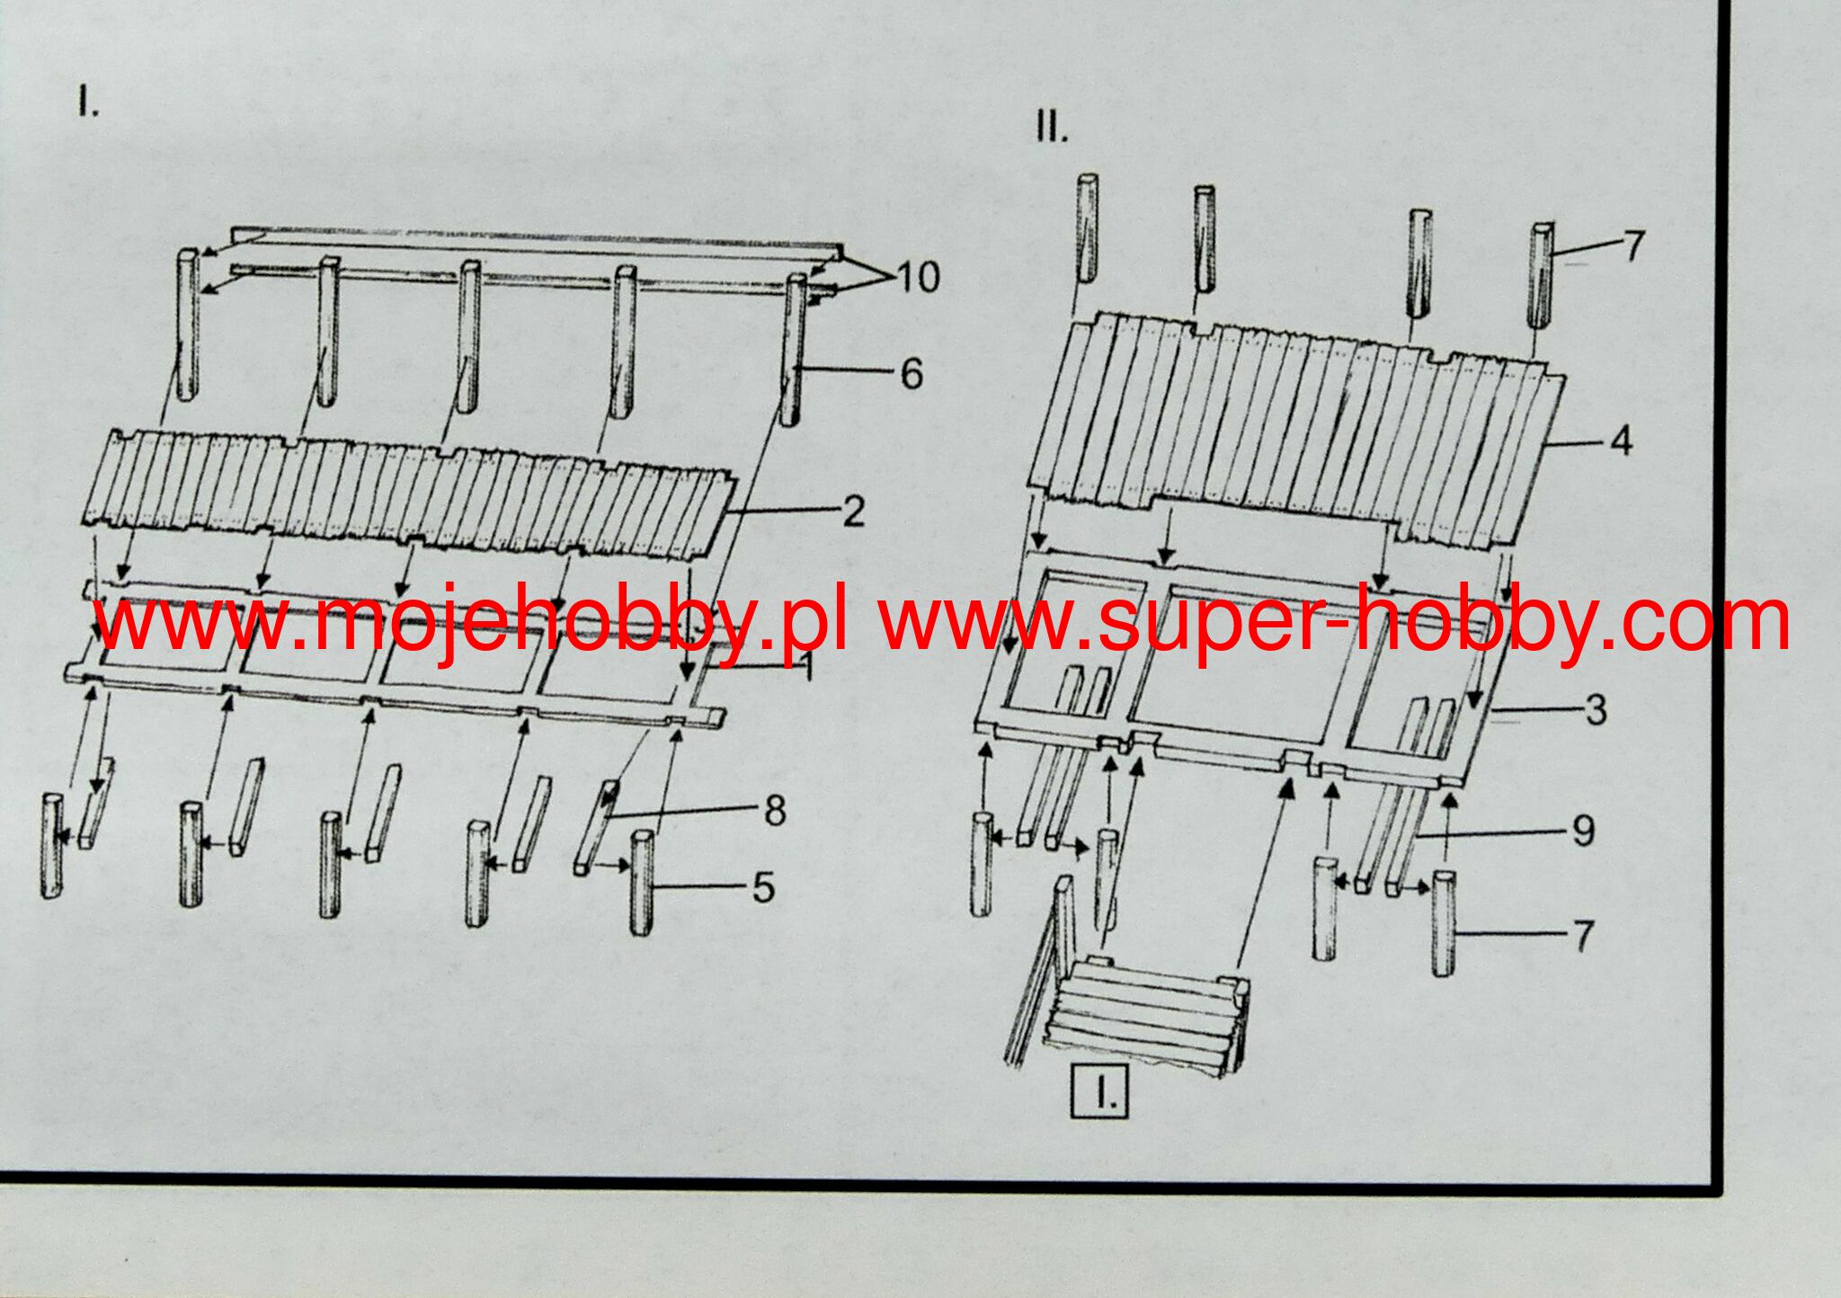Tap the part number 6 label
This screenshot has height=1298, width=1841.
coord(912,373)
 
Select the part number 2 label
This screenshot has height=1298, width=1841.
coord(853,512)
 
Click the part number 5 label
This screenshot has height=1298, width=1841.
coord(762,888)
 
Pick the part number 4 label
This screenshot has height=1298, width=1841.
coord(1621,441)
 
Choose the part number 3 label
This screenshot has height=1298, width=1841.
coord(1596,710)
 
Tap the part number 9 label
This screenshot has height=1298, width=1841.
coord(1584,831)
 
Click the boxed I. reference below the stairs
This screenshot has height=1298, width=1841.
coord(1098,1094)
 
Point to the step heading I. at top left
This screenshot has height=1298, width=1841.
coord(88,104)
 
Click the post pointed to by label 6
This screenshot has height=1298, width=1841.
coord(791,351)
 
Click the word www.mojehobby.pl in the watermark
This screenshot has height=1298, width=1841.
coord(471,621)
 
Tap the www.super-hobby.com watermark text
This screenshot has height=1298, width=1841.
coord(1334,621)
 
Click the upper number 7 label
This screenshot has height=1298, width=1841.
coord(1633,244)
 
